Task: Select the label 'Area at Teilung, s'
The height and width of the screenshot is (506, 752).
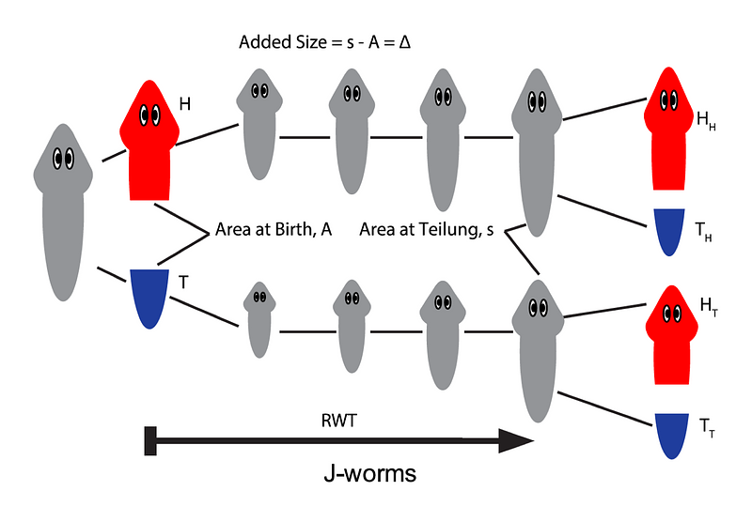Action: tap(428, 230)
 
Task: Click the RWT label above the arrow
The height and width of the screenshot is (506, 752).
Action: tap(335, 420)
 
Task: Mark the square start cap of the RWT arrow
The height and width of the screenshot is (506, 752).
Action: tap(149, 439)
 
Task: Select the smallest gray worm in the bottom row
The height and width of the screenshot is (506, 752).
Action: tap(259, 320)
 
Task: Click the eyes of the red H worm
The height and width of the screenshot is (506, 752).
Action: tap(149, 115)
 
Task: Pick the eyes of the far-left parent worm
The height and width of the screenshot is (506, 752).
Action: tap(63, 159)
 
